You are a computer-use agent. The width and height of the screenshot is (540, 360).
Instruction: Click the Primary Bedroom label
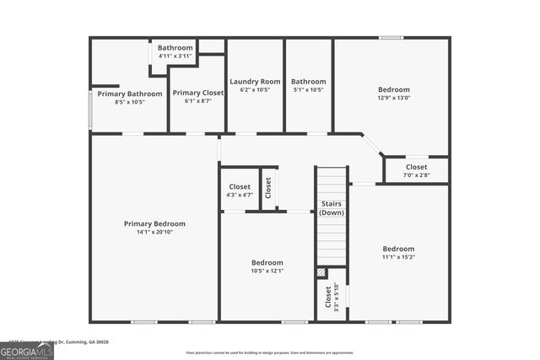tap(154, 223)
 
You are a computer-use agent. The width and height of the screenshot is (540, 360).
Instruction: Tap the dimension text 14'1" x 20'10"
tap(154, 232)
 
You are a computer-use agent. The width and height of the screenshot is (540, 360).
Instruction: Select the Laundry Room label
tap(255, 82)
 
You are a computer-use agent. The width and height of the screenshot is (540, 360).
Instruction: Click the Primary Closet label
tap(197, 93)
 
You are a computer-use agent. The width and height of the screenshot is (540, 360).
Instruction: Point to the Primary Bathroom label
tap(129, 94)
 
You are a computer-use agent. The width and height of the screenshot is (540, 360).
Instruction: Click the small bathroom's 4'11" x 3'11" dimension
tap(175, 56)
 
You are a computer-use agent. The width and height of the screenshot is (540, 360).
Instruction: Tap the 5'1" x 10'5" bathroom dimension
tap(308, 89)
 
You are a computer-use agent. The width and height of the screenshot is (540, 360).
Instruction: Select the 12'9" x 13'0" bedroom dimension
tap(394, 97)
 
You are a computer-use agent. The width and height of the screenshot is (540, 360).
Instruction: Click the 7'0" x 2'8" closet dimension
tap(416, 175)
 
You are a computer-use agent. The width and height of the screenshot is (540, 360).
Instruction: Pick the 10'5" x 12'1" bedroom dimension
tap(267, 270)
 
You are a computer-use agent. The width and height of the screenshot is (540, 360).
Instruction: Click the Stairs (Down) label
tap(331, 208)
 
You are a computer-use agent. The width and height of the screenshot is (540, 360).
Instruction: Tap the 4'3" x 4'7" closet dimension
tap(240, 195)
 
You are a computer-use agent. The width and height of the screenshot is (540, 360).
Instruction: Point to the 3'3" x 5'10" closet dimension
tap(337, 298)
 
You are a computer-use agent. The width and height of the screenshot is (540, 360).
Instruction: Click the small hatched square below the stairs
tap(321, 272)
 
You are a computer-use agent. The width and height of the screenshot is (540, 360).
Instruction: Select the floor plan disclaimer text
tap(270, 352)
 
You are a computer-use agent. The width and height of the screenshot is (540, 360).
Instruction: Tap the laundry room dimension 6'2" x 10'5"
tap(255, 89)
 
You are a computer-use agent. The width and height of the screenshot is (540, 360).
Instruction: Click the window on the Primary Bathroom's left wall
tap(90, 109)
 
